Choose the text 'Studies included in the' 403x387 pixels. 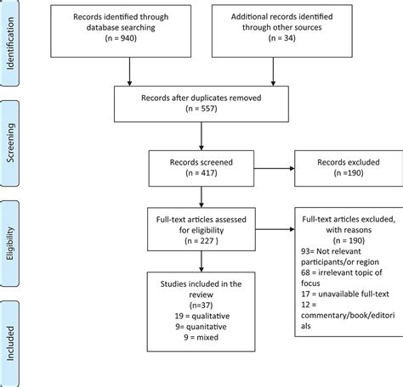(200, 283)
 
